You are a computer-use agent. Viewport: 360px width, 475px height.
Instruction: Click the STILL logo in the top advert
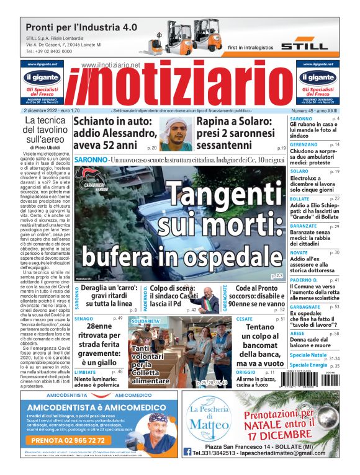click(304, 46)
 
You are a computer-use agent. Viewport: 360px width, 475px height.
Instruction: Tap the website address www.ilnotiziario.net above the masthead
click(110, 65)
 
